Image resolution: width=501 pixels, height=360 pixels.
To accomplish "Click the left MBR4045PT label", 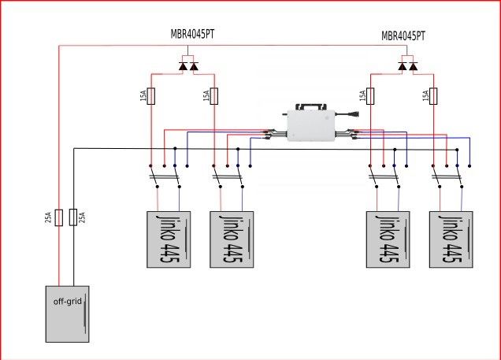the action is click(192, 34).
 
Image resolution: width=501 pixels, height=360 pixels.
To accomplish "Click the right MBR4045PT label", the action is click(403, 35).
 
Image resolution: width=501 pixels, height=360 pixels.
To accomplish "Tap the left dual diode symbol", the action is click(188, 66).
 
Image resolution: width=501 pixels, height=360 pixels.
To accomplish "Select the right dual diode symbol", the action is click(408, 66).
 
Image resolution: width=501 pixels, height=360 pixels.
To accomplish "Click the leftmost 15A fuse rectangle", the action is click(150, 96).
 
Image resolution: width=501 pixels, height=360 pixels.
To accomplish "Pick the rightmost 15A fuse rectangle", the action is click(433, 96).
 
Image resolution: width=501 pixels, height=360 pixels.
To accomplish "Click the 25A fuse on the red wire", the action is click(59, 217).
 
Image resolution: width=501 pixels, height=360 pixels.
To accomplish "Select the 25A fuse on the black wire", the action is click(73, 217).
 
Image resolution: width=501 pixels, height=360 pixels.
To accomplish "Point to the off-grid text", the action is click(68, 301).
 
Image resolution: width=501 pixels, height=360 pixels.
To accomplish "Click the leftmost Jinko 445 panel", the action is click(169, 239).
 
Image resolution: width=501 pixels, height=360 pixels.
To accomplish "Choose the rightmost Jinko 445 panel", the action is click(451, 239).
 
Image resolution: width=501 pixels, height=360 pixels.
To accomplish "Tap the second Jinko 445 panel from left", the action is click(232, 239).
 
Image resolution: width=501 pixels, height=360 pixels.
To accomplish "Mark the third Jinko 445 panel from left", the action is click(388, 239).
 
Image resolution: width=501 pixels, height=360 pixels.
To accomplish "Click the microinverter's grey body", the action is click(311, 125).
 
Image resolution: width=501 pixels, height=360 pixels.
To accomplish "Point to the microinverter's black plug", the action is click(353, 114).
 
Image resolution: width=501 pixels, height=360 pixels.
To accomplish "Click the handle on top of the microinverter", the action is click(311, 106).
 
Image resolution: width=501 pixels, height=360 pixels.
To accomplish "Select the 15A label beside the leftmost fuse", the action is click(143, 96).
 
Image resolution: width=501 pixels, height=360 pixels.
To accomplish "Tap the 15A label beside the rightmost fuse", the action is click(425, 96).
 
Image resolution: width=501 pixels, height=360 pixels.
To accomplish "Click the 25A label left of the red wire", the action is click(48, 217).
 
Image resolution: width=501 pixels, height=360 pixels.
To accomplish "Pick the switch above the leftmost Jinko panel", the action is click(165, 176).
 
